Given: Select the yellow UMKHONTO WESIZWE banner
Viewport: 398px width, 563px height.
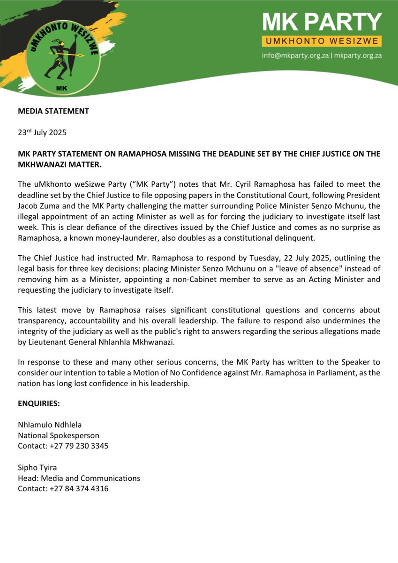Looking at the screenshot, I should tap(322, 41).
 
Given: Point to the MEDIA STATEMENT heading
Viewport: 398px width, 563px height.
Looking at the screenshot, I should tap(53, 111).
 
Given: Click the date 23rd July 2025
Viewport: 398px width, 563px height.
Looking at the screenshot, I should tap(42, 132).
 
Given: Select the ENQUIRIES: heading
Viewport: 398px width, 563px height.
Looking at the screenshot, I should tap(39, 404).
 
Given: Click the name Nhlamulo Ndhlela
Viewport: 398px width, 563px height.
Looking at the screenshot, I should tap(50, 425).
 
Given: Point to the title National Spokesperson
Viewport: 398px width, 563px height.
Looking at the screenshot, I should tap(59, 435).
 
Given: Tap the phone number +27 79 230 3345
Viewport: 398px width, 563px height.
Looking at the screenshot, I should tap(79, 446).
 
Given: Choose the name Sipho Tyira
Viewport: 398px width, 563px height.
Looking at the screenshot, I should tap(38, 468).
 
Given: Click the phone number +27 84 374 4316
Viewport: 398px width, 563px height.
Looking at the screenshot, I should tap(79, 488).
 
